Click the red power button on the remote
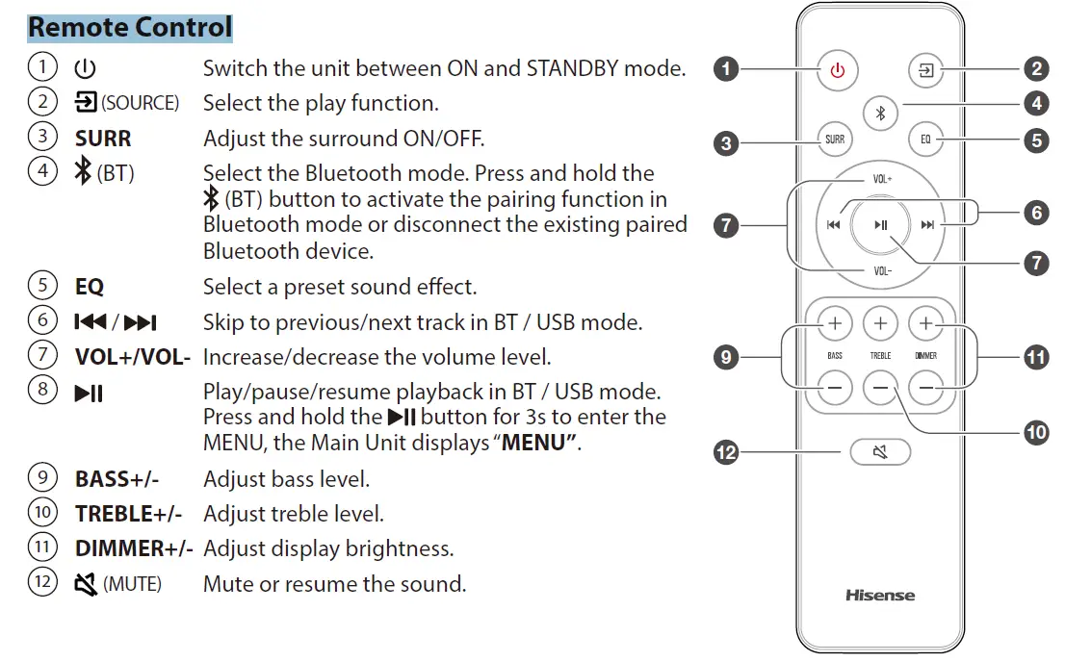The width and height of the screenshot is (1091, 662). [x=838, y=71]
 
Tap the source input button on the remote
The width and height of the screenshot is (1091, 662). [x=925, y=71]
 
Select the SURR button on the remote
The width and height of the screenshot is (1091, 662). [x=835, y=140]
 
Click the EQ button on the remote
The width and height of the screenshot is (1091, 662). [x=925, y=140]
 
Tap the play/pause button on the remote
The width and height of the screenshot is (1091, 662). [x=880, y=225]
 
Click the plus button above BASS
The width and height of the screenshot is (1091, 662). [x=835, y=324]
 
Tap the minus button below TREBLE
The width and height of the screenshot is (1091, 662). [x=880, y=390]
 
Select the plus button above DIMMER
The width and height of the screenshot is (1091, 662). [x=925, y=324]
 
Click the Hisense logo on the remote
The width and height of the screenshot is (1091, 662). [x=880, y=595]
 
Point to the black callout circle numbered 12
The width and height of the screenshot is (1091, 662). [x=725, y=451]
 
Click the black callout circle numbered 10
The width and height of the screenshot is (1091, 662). [x=1036, y=432]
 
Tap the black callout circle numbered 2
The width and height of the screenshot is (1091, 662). [x=1036, y=68]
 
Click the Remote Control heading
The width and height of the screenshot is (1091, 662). [x=130, y=27]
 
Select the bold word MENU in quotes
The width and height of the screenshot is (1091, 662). [x=538, y=444]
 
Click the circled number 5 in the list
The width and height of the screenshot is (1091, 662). [x=42, y=287]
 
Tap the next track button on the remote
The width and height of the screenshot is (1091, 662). [x=927, y=225]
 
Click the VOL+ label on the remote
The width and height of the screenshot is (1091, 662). [x=882, y=179]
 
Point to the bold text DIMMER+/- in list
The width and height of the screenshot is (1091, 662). [x=134, y=548]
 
